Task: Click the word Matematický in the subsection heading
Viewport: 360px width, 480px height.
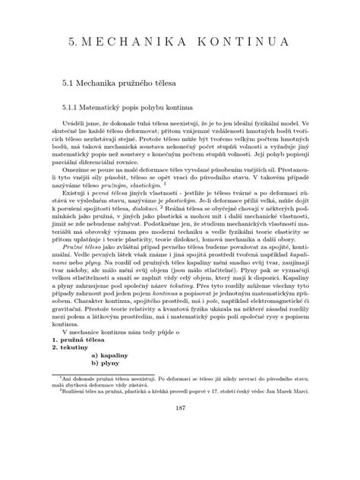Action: coord(113,107)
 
